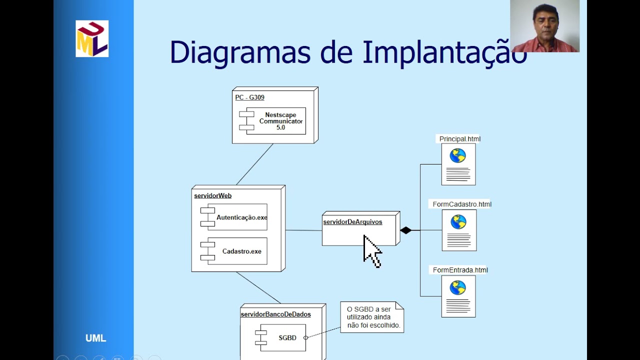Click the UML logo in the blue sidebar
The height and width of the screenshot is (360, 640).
[x=92, y=38]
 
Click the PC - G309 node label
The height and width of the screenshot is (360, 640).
[x=249, y=97]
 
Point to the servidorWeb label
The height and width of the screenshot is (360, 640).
[x=212, y=195]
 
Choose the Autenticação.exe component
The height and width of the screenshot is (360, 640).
[x=237, y=217]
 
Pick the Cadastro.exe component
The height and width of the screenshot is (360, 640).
[x=237, y=251]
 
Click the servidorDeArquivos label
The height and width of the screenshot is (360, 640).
[x=352, y=222]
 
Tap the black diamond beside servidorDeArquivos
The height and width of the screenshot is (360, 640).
[x=405, y=230]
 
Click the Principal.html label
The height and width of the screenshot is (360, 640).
[x=459, y=139]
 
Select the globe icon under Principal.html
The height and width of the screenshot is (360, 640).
[x=457, y=155]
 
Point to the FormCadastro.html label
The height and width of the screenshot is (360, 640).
[x=462, y=204]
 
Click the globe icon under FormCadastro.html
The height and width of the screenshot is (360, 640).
[x=458, y=221]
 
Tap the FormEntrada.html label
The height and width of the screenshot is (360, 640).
[x=460, y=270]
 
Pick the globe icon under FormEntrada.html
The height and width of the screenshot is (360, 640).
[x=457, y=287]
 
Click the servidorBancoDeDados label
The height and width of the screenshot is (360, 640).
[x=275, y=314]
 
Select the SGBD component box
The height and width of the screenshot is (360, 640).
[x=282, y=337]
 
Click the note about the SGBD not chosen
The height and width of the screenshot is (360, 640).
[x=371, y=317]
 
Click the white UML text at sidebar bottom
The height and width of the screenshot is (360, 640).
[x=95, y=338]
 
